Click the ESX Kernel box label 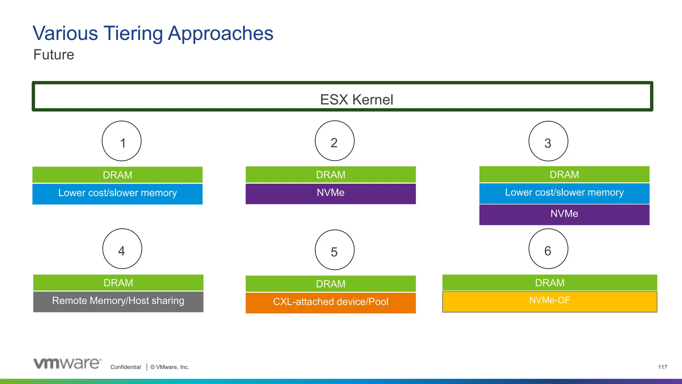356,99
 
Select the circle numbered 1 122,141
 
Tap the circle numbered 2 334,141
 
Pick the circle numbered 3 548,141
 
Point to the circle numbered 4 122,249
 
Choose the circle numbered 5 334,250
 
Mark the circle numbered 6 548,249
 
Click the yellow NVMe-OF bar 549,302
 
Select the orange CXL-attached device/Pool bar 331,303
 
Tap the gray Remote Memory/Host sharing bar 118,302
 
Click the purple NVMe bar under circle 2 331,194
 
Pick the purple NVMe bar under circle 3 564,215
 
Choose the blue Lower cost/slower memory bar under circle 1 117,194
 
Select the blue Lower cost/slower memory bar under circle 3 564,193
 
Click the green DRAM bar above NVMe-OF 549,283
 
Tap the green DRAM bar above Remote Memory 118,283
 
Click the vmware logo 67,363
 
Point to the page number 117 662,367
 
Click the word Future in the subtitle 54,55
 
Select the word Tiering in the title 133,33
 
